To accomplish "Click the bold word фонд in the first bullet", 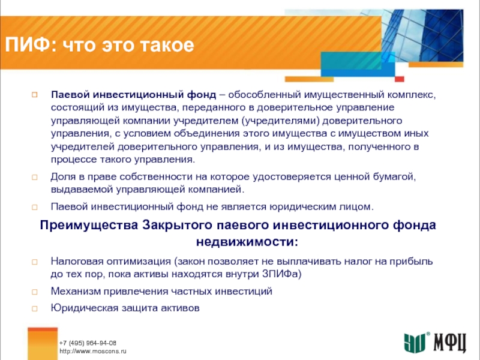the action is [202, 95].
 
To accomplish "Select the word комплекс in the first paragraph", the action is [411, 95].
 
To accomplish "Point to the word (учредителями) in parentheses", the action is [281, 121].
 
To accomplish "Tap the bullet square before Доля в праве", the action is [35, 177].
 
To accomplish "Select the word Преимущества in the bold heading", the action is [89, 225].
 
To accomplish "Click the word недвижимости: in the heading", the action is [247, 242].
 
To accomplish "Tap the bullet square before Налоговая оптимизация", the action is [35, 262].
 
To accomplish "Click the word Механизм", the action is [76, 291].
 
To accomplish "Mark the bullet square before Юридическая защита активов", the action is [35, 308].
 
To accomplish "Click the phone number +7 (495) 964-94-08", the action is [88, 343].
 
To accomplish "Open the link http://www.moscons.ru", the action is [93, 351].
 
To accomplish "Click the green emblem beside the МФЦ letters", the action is [415, 343].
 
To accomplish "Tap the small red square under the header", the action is [399, 79].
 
